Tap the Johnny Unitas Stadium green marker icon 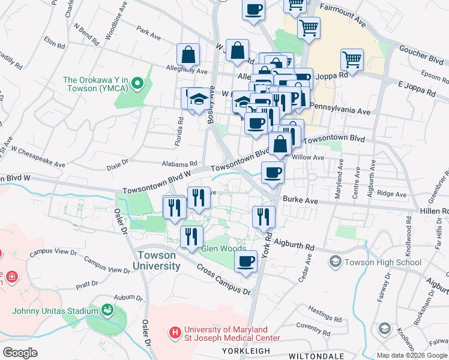click(107, 310)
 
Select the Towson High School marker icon click(335, 262)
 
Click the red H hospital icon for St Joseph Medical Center click(175, 331)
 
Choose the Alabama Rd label click(179, 163)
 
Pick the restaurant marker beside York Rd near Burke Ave click(264, 217)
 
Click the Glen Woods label click(223, 248)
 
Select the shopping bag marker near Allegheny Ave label click(188, 55)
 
